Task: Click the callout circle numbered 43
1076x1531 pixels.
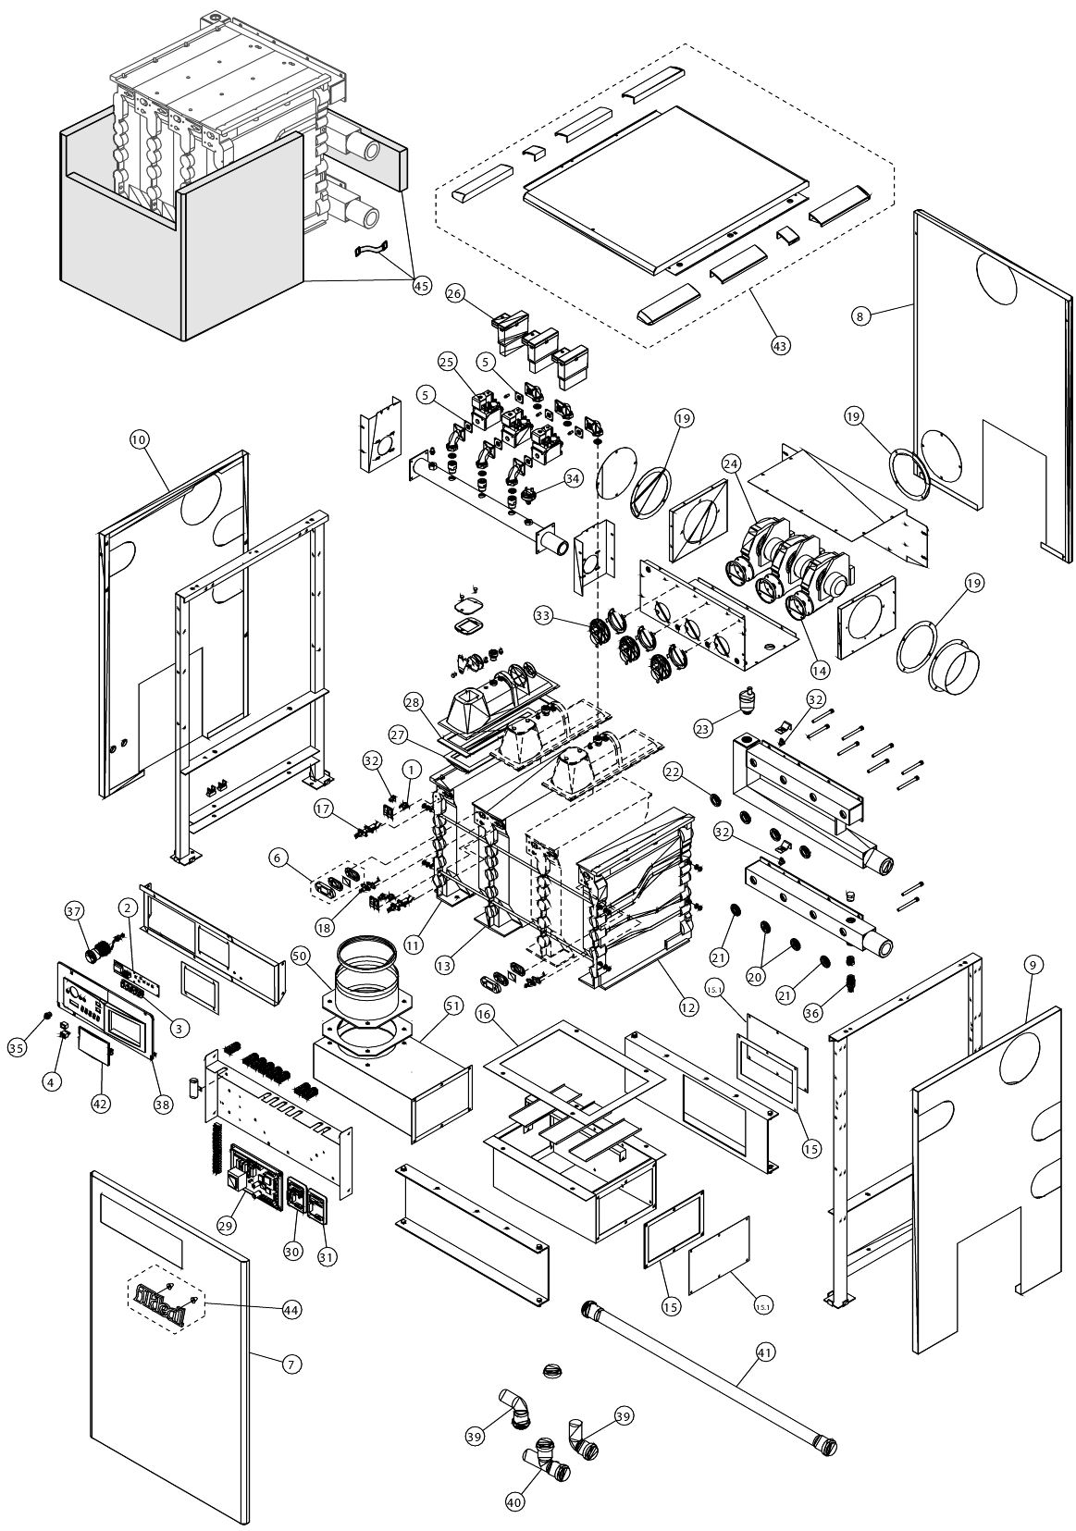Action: [x=780, y=344]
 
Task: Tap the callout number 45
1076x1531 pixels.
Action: [x=421, y=286]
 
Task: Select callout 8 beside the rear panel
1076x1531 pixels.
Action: [x=860, y=315]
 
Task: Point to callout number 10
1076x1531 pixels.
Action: [x=139, y=441]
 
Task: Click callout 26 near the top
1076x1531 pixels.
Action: [x=454, y=293]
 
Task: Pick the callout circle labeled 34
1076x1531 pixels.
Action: [x=574, y=478]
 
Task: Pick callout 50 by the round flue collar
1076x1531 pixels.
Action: [x=299, y=954]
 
